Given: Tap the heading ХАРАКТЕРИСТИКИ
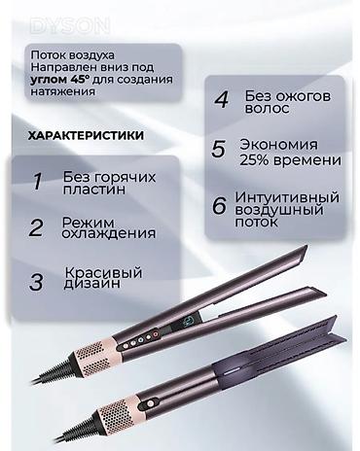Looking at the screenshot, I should tap(90, 137).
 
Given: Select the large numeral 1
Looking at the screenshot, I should tap(38, 183).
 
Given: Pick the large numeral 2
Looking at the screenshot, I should tap(37, 229).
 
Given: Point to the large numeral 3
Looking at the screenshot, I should tap(38, 282).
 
